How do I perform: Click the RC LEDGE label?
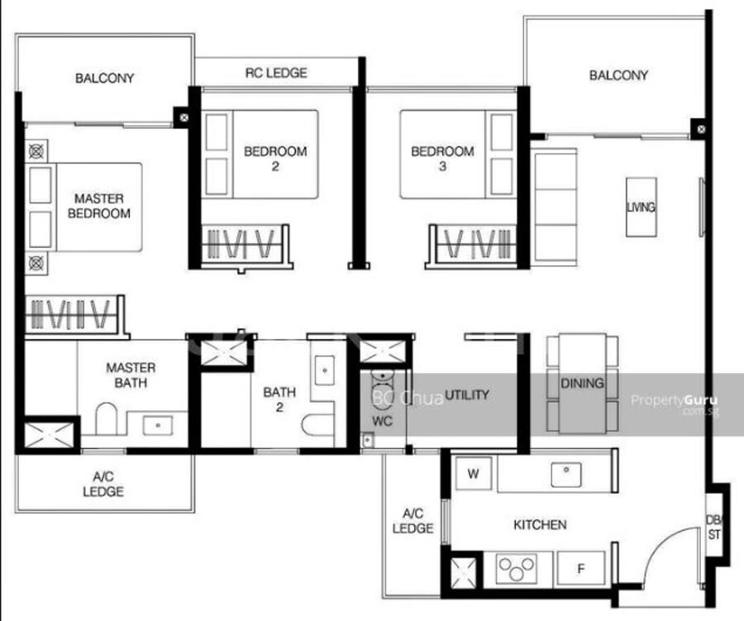coord(276,73)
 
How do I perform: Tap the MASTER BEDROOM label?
coord(99,206)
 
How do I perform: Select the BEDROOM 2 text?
coord(275,159)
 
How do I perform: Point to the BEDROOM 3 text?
coord(442,159)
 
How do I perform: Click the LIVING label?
coord(641,207)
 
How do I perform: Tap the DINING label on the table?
coord(582,383)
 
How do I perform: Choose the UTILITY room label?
coord(467,394)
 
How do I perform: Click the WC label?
coord(382,421)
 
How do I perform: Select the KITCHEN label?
coord(540,524)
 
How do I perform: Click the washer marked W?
coord(473,473)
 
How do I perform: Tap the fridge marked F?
coord(581,568)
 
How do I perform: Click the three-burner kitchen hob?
coord(516,568)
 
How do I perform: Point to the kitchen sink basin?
coord(566,475)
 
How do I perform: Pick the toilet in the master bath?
coord(107,418)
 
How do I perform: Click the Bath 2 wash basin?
coord(325,370)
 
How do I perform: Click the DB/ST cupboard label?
coord(714,528)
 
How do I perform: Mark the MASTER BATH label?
coord(131,375)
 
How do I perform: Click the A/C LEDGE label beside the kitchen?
coord(413,521)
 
